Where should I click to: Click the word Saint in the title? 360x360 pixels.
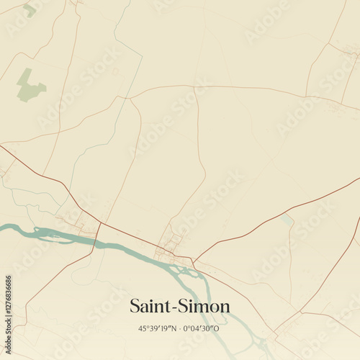coord(148,306)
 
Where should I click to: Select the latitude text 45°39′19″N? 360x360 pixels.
coord(156,328)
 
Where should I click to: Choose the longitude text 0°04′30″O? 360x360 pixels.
coord(202,328)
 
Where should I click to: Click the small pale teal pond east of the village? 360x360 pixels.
coord(287,217)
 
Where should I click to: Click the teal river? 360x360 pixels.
coord(130,248)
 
